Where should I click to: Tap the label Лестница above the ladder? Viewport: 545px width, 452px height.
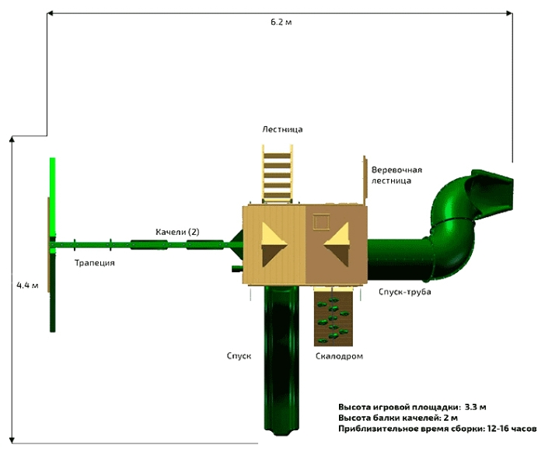point(281,129)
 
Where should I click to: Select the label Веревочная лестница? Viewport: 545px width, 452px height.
point(396,174)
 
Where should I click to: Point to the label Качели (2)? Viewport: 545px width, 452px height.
point(177,232)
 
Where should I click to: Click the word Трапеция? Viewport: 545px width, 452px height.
point(95,263)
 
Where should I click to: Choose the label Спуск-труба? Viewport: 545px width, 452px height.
point(404,292)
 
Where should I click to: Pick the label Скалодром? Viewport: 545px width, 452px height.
point(340,356)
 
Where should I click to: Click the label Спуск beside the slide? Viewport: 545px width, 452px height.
point(239,355)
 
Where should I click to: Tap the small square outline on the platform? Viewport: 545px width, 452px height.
point(320,222)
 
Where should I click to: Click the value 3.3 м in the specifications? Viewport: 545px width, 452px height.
point(476,407)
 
